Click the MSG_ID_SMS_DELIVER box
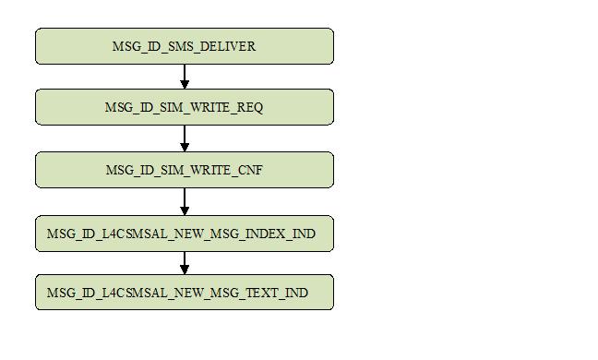click(x=185, y=46)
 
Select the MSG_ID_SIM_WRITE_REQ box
click(x=185, y=107)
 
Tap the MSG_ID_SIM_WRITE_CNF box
click(x=185, y=170)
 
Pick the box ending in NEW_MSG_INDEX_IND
click(x=185, y=234)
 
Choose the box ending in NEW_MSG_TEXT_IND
click(x=185, y=293)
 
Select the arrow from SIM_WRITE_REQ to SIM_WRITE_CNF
click(x=185, y=138)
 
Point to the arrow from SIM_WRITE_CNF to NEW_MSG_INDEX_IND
click(x=185, y=200)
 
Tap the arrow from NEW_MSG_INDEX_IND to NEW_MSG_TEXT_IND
click(x=185, y=262)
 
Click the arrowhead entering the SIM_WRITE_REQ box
click(x=185, y=84)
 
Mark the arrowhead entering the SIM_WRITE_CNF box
click(x=185, y=147)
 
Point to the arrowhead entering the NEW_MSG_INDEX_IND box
click(x=185, y=211)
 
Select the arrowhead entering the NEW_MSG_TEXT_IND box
click(x=185, y=270)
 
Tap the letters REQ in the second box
click(x=250, y=107)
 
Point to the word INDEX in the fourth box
click(x=267, y=234)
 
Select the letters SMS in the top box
click(x=181, y=46)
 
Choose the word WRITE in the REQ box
click(x=211, y=107)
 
